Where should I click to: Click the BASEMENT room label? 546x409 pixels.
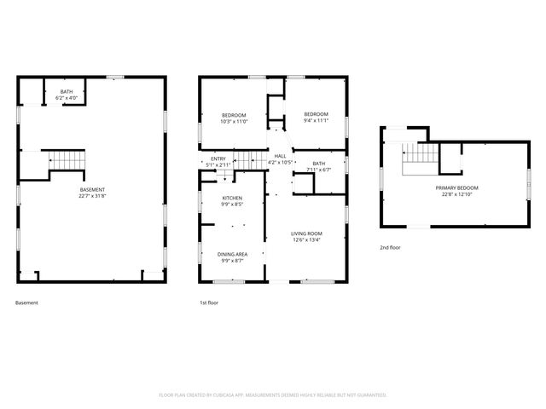(93, 189)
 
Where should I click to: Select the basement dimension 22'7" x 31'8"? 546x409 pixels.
(93, 196)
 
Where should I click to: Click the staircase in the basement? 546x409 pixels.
(67, 158)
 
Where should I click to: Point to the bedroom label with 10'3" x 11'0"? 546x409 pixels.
(234, 115)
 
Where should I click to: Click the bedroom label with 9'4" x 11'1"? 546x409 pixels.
(317, 114)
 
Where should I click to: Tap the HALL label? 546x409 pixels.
(280, 156)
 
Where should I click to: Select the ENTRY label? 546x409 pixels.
(218, 158)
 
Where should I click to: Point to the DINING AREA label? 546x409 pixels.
(232, 253)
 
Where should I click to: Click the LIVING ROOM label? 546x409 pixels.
(305, 233)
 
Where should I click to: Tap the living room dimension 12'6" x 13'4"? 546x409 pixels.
(305, 240)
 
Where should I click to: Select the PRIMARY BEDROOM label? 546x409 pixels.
(456, 187)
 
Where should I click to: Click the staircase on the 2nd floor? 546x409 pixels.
(415, 155)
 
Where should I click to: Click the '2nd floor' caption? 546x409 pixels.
(391, 248)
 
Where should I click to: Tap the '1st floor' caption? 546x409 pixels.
(210, 302)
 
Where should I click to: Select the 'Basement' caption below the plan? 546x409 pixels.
(26, 302)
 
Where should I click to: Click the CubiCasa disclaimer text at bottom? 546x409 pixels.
(273, 395)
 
